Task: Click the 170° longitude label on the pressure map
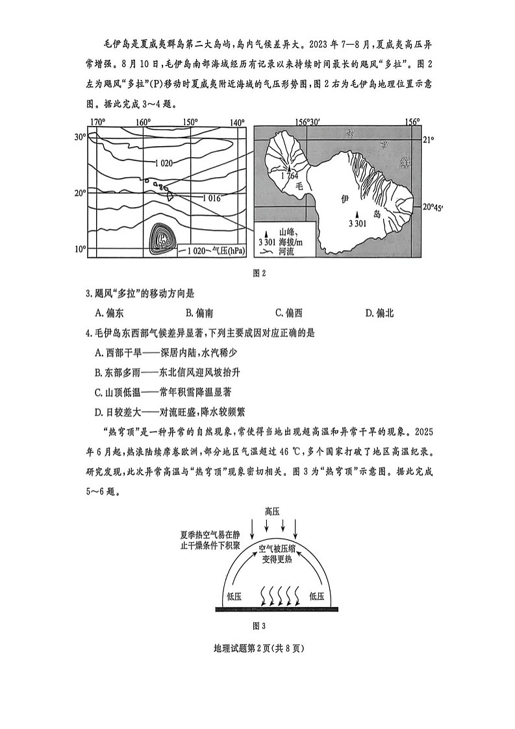[x=97, y=122]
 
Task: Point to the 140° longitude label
[x=237, y=122]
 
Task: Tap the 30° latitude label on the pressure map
[x=80, y=137]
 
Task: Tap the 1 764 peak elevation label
[x=290, y=175]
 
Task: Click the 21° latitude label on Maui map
[x=428, y=140]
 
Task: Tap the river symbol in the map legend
[x=268, y=251]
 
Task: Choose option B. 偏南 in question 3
[x=199, y=314]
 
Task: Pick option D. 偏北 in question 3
[x=380, y=314]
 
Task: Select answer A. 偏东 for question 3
[x=109, y=314]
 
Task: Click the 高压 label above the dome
[x=271, y=511]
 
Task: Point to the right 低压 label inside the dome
[x=316, y=595]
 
